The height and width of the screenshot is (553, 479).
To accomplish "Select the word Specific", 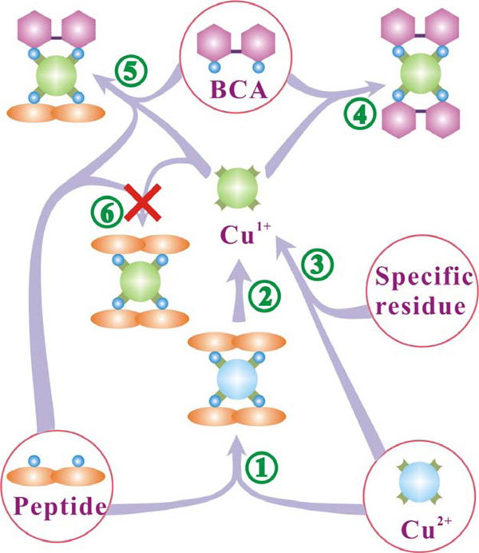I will point(419,280).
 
